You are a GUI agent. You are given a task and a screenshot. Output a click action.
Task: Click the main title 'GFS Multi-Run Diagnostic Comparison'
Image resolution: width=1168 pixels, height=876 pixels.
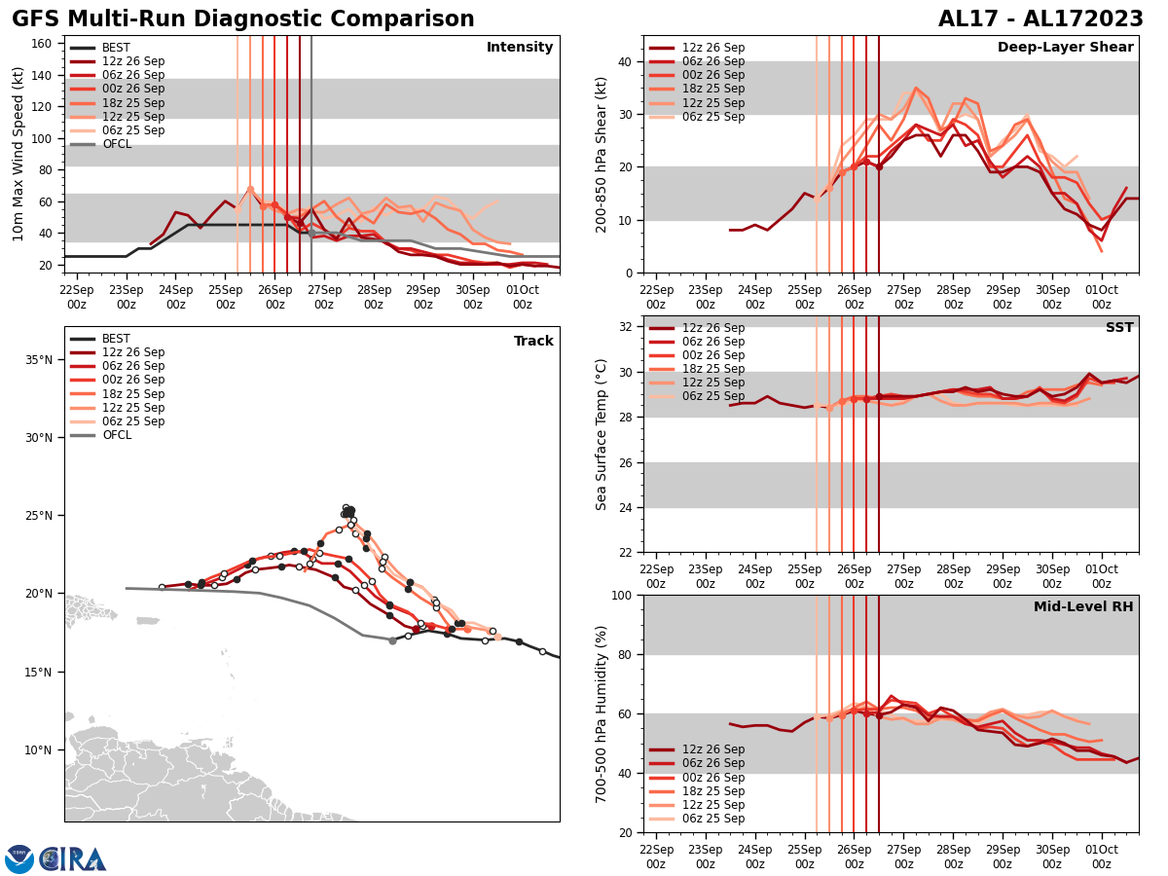pyautogui.click(x=243, y=19)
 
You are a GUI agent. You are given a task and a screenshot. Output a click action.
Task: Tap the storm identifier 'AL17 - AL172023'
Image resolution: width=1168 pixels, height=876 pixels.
pyautogui.click(x=1040, y=19)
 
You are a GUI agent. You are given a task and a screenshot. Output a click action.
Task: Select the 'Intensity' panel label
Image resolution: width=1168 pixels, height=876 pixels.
pyautogui.click(x=520, y=48)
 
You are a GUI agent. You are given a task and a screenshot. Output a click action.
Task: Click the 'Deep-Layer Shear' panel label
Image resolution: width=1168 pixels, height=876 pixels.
pyautogui.click(x=1065, y=48)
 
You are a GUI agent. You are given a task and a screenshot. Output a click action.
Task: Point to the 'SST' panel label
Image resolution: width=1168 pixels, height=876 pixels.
pyautogui.click(x=1119, y=328)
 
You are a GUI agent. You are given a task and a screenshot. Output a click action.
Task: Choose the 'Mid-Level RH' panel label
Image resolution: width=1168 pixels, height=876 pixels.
pyautogui.click(x=1083, y=607)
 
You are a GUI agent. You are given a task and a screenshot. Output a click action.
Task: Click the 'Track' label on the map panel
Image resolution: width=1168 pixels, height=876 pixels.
pyautogui.click(x=533, y=342)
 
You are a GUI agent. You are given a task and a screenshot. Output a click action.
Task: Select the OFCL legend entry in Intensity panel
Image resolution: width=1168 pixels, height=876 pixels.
pyautogui.click(x=116, y=144)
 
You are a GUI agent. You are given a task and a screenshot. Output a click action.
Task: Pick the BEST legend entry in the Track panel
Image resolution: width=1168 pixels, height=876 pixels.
pyautogui.click(x=116, y=339)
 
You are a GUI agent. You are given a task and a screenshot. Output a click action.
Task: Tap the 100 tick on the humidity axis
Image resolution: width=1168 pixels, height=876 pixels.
pyautogui.click(x=621, y=595)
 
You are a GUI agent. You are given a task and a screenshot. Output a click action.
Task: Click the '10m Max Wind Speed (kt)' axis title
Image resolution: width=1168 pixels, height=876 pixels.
pyautogui.click(x=18, y=154)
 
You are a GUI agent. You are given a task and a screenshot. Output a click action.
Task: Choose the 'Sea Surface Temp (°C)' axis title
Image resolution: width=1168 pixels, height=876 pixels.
pyautogui.click(x=602, y=434)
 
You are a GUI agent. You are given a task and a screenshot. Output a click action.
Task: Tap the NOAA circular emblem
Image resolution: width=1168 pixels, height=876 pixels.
pyautogui.click(x=18, y=859)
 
